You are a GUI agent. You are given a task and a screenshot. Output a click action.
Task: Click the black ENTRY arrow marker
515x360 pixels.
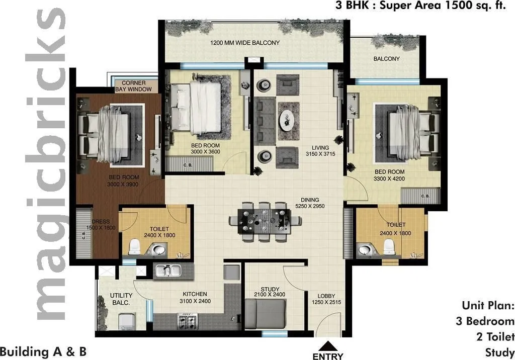(x=327, y=346)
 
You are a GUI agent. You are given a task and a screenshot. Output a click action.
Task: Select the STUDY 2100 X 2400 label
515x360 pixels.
(x=267, y=292)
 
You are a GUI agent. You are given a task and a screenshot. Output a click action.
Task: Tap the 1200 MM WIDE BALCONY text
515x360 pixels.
(x=245, y=43)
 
